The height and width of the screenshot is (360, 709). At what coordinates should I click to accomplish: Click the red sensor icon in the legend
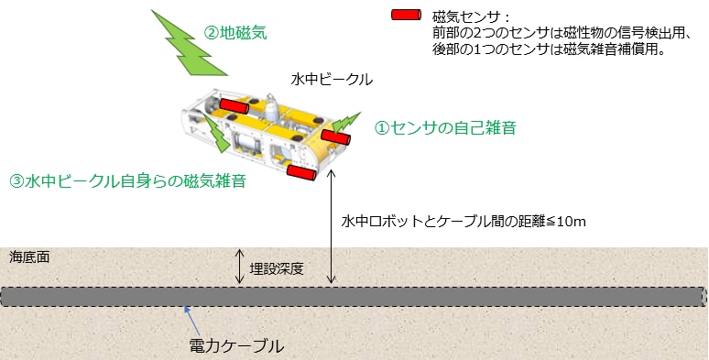pyautogui.click(x=404, y=16)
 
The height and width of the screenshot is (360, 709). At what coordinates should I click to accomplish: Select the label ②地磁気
pyautogui.click(x=235, y=33)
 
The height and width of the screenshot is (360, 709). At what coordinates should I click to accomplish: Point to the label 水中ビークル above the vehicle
pyautogui.click(x=332, y=79)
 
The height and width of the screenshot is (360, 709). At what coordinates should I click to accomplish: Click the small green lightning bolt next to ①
pyautogui.click(x=348, y=122)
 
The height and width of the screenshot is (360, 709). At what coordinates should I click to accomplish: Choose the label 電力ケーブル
pyautogui.click(x=236, y=346)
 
